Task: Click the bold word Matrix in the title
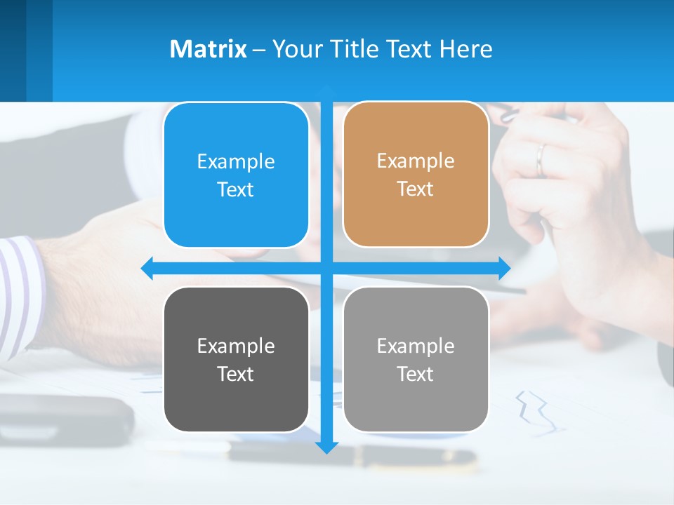tap(208, 49)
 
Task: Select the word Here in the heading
tap(465, 49)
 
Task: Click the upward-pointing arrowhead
tap(326, 90)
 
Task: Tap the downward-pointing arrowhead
tap(326, 447)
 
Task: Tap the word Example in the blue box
tap(236, 161)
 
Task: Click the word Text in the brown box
tap(416, 189)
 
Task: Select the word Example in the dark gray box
tap(236, 346)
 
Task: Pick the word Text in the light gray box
tap(416, 374)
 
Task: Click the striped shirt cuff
tap(18, 295)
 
